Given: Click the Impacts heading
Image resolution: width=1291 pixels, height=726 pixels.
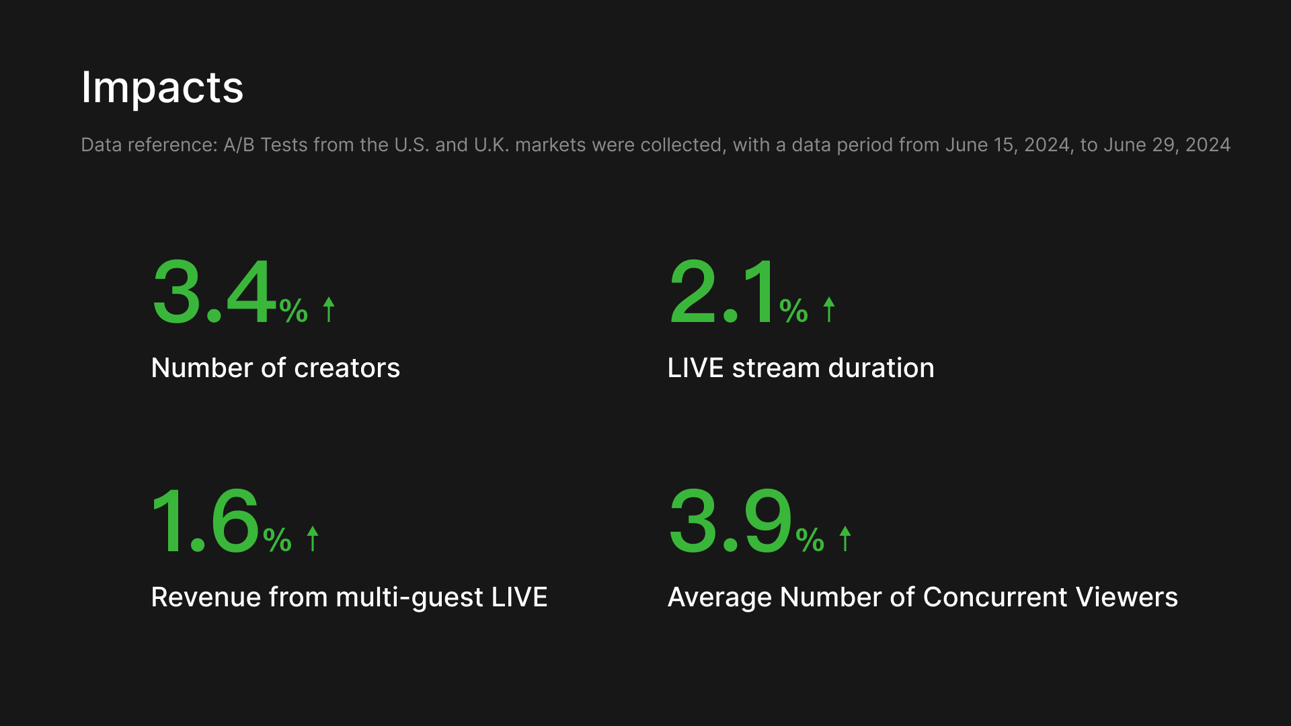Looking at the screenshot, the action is tap(162, 87).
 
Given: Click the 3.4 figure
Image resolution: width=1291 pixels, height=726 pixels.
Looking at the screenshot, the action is tap(214, 292).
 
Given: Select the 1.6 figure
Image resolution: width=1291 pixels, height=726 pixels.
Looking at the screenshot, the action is tap(205, 521).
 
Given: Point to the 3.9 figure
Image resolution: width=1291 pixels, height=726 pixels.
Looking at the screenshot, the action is tap(730, 521).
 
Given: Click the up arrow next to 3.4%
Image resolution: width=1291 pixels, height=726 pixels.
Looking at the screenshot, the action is tap(329, 309).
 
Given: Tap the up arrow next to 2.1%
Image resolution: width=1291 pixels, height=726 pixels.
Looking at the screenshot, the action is tap(829, 309).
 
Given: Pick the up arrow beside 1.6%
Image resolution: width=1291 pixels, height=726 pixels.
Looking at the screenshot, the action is tap(313, 538).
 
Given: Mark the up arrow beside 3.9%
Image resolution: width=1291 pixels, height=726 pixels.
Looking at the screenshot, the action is tap(845, 538).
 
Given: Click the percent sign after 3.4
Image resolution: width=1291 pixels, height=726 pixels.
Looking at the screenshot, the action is tap(294, 311).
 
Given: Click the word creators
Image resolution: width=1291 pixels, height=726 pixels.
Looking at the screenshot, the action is tap(347, 368).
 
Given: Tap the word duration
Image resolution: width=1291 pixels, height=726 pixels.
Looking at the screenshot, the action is tap(882, 368).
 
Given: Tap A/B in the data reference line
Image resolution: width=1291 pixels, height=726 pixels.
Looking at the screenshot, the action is tap(239, 145).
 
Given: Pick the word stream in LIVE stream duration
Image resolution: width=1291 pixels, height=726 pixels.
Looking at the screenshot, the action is tap(776, 368).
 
